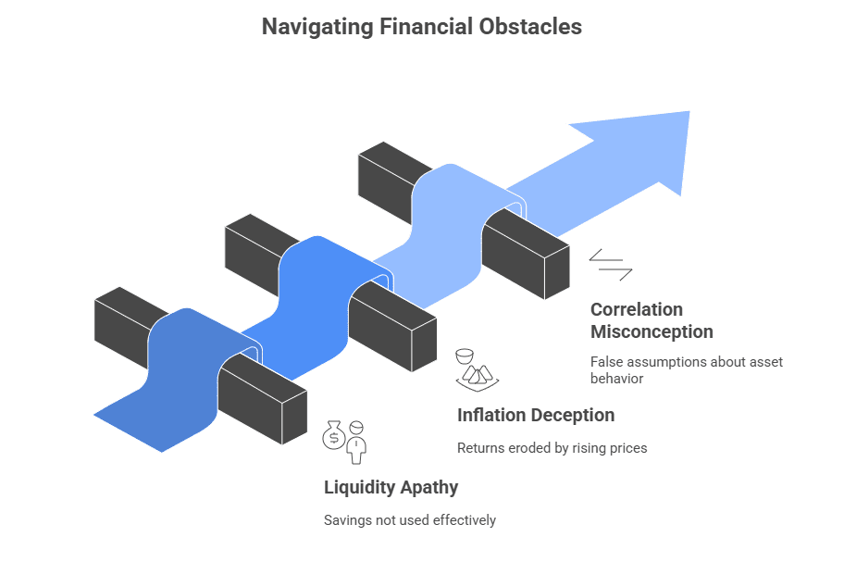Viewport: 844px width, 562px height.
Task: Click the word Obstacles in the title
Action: pos(529,27)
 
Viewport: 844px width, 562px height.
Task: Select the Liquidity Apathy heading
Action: pos(391,487)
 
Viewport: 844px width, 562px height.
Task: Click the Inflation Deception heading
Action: pos(536,415)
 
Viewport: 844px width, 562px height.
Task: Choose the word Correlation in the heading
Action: pos(637,309)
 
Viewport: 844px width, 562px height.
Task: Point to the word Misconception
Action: pos(652,331)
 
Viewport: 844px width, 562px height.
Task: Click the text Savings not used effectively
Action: pos(409,520)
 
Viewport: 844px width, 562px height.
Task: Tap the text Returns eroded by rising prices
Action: pos(552,448)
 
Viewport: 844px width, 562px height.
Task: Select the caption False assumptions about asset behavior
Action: pos(686,369)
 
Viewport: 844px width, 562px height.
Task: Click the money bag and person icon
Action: pos(344,441)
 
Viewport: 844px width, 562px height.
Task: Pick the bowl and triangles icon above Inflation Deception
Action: pos(476,368)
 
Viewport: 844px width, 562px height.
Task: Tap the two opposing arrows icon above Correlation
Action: pos(611,264)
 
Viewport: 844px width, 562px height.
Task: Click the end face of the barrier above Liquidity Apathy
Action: pos(294,418)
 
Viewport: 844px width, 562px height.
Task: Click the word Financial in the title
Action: pos(424,27)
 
